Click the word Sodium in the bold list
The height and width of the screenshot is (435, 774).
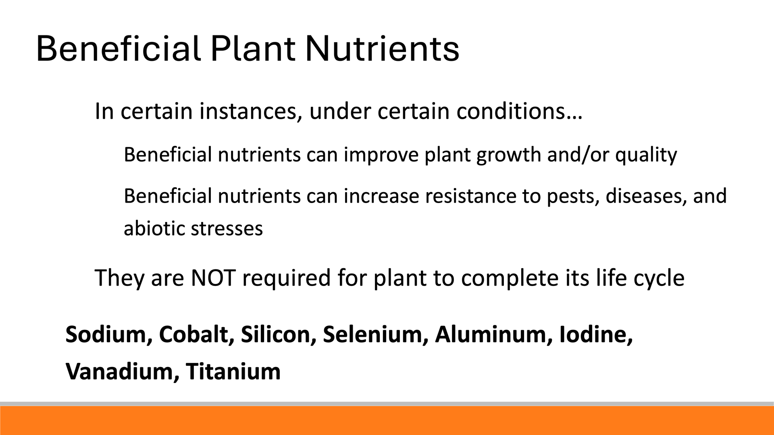(106, 334)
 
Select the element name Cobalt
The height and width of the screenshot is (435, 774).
(193, 334)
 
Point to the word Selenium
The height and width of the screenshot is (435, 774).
(372, 334)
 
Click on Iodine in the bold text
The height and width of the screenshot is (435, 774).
(593, 334)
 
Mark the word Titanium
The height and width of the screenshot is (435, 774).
(233, 371)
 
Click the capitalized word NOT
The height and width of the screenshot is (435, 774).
(213, 278)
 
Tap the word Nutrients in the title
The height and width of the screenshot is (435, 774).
(382, 49)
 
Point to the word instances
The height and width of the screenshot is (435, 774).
(248, 111)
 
